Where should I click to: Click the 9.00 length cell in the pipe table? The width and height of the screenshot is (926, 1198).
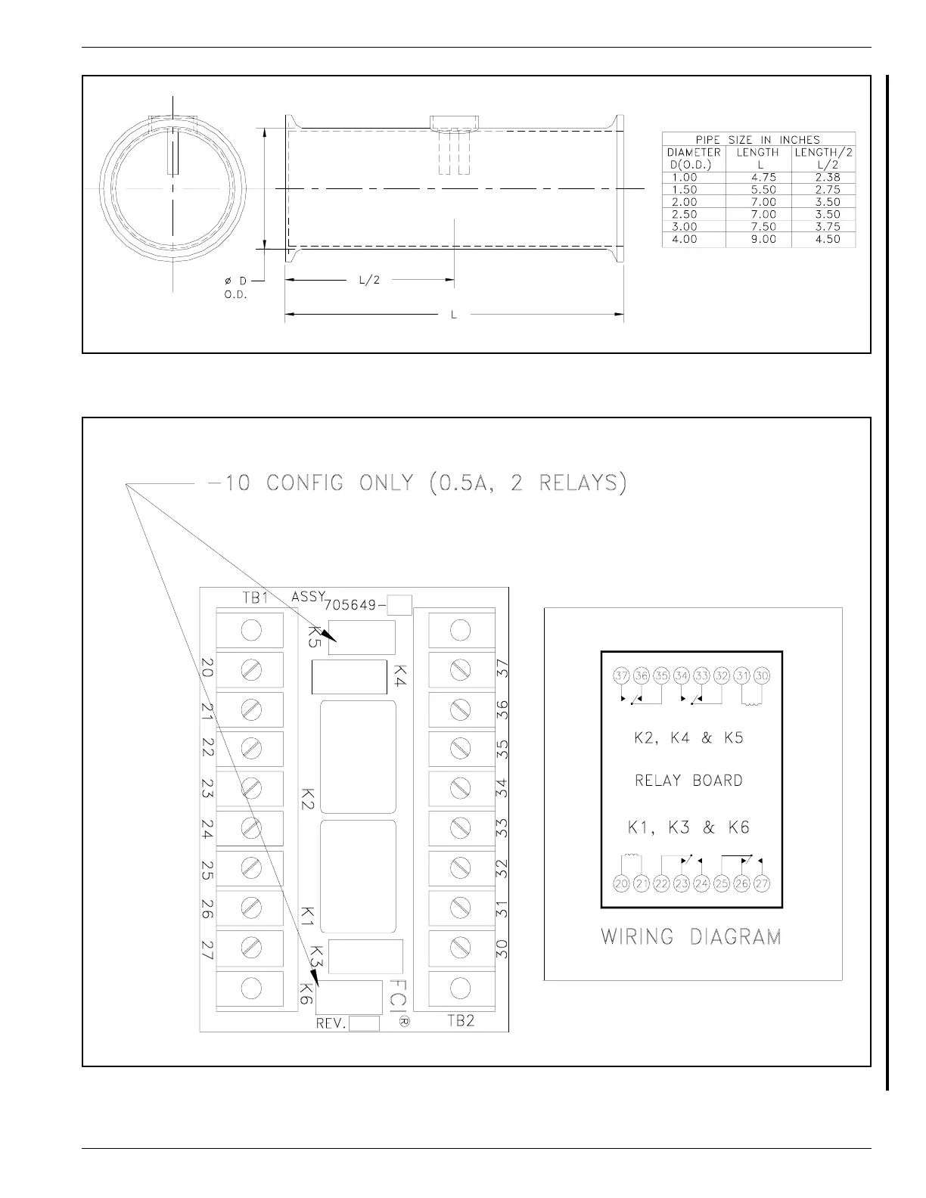click(x=763, y=239)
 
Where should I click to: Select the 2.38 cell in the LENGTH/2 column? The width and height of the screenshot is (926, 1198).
click(x=828, y=178)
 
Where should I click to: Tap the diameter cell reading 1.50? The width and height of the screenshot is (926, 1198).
click(x=684, y=190)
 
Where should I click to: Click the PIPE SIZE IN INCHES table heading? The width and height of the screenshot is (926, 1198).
click(x=758, y=140)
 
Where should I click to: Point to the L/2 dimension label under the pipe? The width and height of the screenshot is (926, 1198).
click(x=369, y=280)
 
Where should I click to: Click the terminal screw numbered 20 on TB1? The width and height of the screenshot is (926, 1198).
click(x=251, y=670)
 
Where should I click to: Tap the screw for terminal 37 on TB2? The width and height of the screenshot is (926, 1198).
click(x=461, y=670)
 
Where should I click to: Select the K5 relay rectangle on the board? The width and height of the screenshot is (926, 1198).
click(x=362, y=638)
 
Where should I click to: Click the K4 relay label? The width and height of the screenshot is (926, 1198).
click(x=400, y=675)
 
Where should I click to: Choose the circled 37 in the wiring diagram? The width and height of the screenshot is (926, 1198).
click(x=622, y=675)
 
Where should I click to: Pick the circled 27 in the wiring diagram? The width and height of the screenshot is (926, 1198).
click(x=762, y=884)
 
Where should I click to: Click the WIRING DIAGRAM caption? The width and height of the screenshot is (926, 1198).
click(x=691, y=937)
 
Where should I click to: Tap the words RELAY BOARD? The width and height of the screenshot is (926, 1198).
click(x=689, y=780)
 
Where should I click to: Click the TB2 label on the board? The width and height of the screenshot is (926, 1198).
click(x=461, y=1021)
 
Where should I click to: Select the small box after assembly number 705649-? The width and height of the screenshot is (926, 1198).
click(x=399, y=605)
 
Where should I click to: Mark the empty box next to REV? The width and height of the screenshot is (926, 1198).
click(x=364, y=1023)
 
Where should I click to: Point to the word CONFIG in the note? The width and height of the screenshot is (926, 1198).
click(x=304, y=483)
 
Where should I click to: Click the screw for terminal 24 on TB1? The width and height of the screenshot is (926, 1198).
click(x=251, y=828)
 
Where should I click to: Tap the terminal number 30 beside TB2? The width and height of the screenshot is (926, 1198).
click(x=502, y=948)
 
